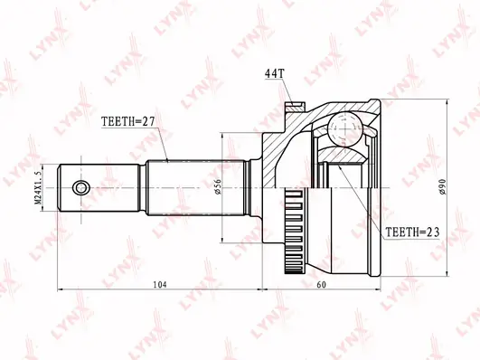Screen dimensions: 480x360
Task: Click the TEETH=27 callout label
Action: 128,121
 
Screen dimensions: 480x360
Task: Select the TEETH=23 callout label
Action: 412,232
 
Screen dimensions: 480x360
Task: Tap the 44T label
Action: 275,73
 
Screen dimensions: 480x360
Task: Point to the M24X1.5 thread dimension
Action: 38,187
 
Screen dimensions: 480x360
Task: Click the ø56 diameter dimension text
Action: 218,186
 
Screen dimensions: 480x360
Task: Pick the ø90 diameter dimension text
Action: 443,186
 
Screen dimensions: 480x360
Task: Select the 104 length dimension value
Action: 160,285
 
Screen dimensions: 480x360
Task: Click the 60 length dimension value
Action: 322,285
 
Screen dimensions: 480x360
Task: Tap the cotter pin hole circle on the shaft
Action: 81,187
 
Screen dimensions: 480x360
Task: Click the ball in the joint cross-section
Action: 345,128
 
